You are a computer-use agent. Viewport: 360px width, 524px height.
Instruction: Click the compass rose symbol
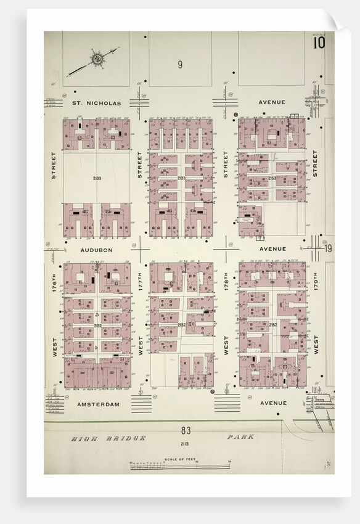97,59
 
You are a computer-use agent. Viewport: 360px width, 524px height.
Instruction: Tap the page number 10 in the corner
318,43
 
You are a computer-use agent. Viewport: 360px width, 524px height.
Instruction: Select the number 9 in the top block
180,64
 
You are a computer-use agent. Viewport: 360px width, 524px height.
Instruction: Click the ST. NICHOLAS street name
97,102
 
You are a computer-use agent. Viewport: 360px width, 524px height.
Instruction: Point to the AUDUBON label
96,250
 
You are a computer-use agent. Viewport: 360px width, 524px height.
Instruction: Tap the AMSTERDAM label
98,404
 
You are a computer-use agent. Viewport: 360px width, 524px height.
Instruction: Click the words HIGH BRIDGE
108,438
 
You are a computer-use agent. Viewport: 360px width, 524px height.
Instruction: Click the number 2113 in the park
184,443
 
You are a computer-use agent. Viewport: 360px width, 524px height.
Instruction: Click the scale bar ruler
179,465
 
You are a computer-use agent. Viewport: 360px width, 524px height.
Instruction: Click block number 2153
272,178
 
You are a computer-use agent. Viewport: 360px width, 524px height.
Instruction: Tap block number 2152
272,324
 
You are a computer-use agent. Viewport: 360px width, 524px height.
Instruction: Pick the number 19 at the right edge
328,248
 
